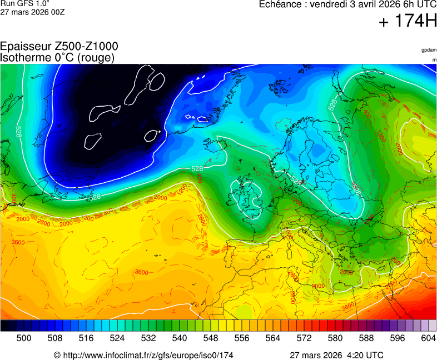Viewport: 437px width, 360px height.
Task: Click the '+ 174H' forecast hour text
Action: pos(408,22)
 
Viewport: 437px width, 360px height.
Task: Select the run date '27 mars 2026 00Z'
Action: pos(32,12)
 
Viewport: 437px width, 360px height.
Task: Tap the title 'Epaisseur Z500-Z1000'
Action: pos(59,47)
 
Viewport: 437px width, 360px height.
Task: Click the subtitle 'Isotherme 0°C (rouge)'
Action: pos(58,58)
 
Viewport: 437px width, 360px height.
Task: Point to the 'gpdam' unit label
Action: pos(429,50)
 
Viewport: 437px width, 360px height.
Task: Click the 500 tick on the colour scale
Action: pos(24,338)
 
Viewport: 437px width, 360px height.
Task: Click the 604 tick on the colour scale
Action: pos(429,338)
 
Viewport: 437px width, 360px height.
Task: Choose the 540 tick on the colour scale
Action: pos(180,338)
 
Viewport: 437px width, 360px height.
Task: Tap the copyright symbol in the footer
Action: pos(57,355)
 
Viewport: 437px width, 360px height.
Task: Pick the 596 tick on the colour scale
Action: pos(398,338)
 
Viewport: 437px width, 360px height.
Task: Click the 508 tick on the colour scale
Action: pos(55,338)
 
